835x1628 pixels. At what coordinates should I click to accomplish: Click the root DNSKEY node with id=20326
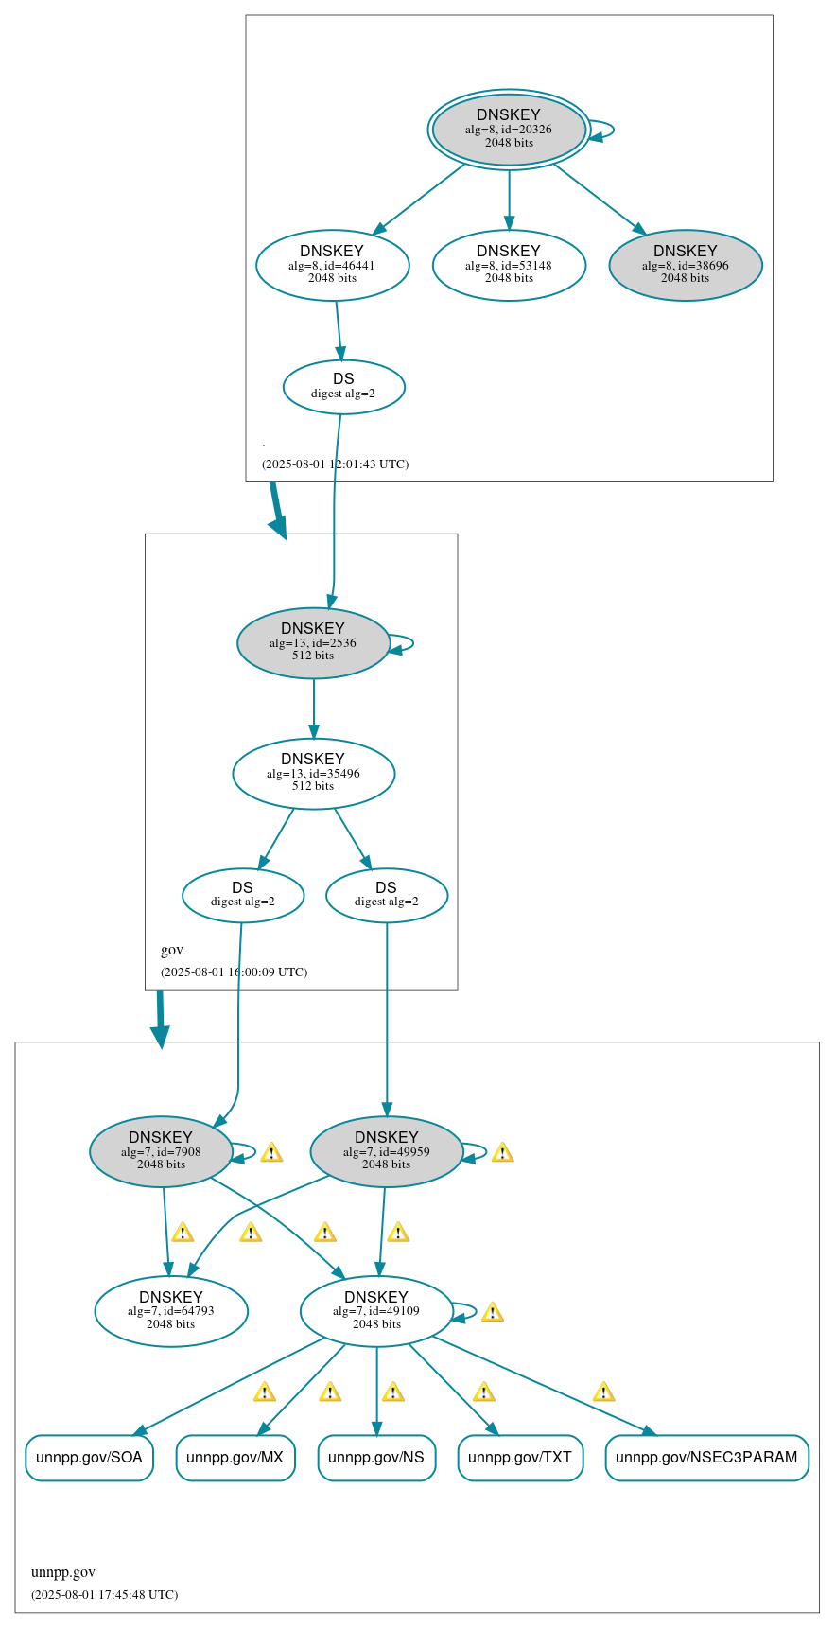tap(509, 130)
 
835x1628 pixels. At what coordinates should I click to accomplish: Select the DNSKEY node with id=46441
tap(332, 266)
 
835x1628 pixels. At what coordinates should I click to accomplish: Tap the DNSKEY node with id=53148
tap(509, 266)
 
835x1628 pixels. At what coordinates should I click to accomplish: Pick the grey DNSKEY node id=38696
tap(685, 266)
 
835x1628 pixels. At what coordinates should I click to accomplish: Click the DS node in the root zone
tap(343, 387)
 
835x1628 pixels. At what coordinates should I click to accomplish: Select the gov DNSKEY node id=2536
tap(313, 643)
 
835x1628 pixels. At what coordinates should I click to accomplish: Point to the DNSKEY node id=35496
tap(313, 774)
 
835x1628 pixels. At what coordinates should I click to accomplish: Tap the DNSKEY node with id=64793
tap(171, 1312)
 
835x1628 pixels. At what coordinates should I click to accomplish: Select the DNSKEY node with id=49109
tap(376, 1312)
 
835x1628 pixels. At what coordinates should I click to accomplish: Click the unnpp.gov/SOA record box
tap(89, 1458)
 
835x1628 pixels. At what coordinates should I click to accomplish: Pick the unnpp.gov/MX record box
tap(235, 1458)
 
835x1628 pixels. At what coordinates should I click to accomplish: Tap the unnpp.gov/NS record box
tap(376, 1458)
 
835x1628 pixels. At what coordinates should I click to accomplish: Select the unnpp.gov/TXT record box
tap(520, 1458)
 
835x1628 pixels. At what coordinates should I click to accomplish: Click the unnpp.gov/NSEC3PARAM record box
tap(706, 1458)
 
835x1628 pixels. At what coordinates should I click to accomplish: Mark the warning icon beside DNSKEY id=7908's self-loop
tap(271, 1152)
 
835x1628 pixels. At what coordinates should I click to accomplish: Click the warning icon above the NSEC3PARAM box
tap(603, 1392)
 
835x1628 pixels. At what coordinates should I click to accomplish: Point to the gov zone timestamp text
tap(234, 972)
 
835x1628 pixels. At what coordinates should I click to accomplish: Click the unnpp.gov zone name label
tap(63, 1572)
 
